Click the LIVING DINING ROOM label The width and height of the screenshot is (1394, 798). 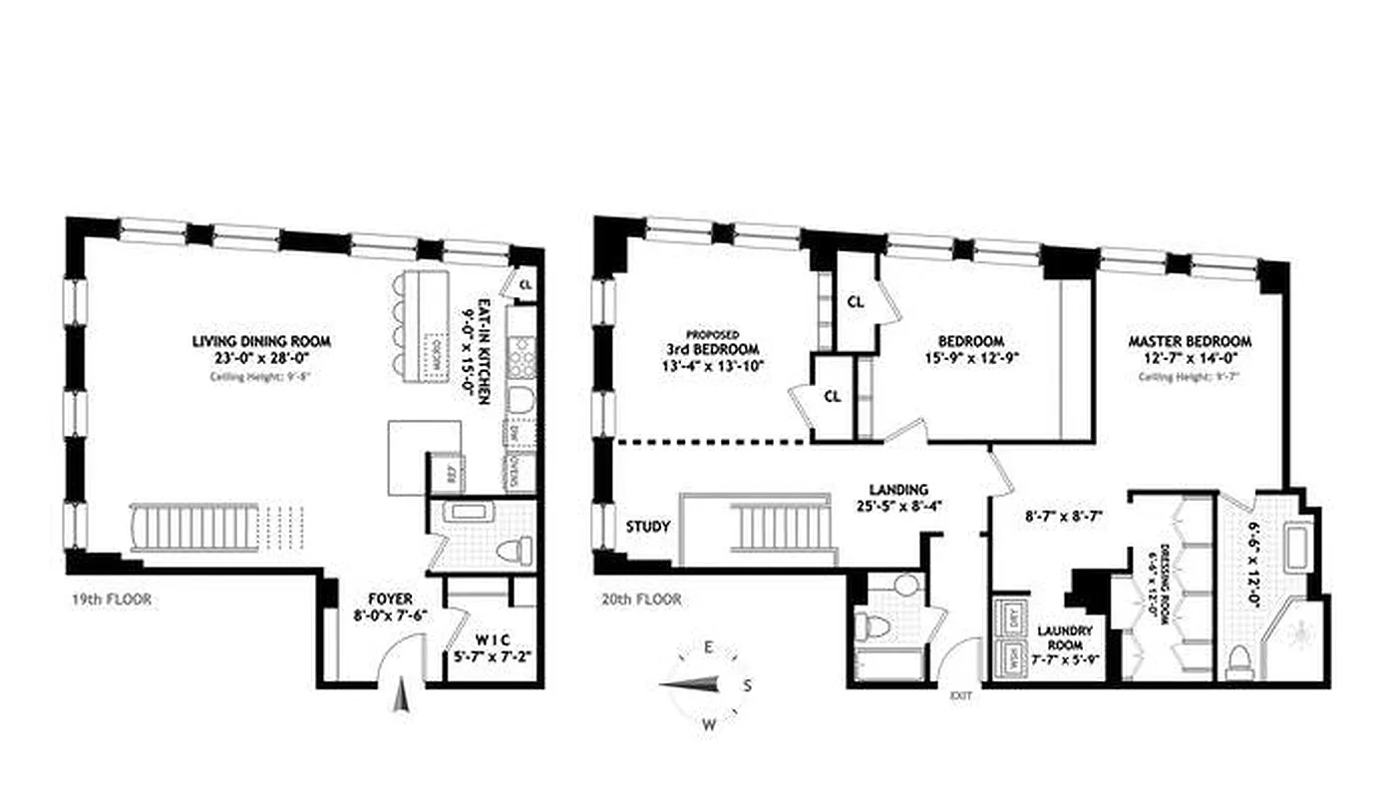point(261,341)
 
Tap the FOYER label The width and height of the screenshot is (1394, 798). point(388,600)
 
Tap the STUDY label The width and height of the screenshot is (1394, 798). point(647,527)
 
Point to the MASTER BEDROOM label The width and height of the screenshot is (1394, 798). point(1190,341)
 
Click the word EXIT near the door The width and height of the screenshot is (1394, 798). point(960,695)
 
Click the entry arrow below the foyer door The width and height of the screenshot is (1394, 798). point(402,694)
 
